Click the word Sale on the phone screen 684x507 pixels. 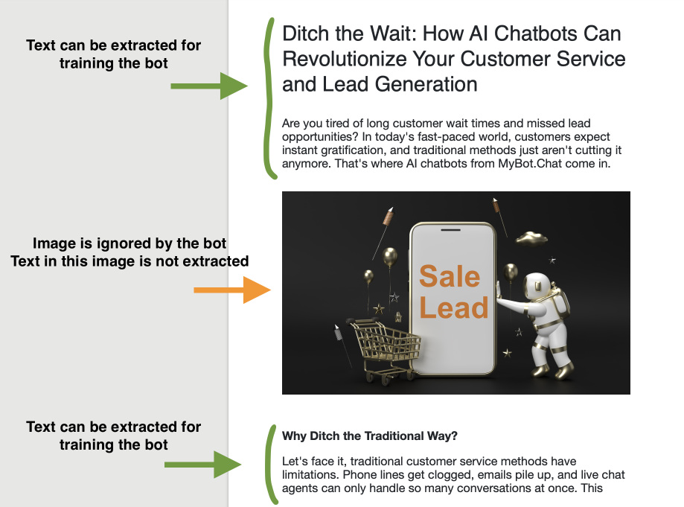point(450,276)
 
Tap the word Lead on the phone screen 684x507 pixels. point(453,307)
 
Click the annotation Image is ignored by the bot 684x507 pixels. point(130,243)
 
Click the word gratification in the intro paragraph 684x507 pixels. point(354,150)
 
